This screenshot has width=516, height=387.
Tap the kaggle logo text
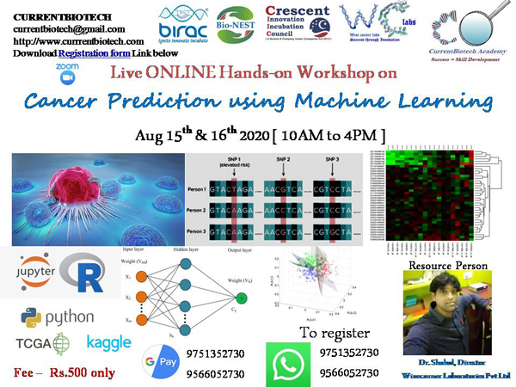109,342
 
